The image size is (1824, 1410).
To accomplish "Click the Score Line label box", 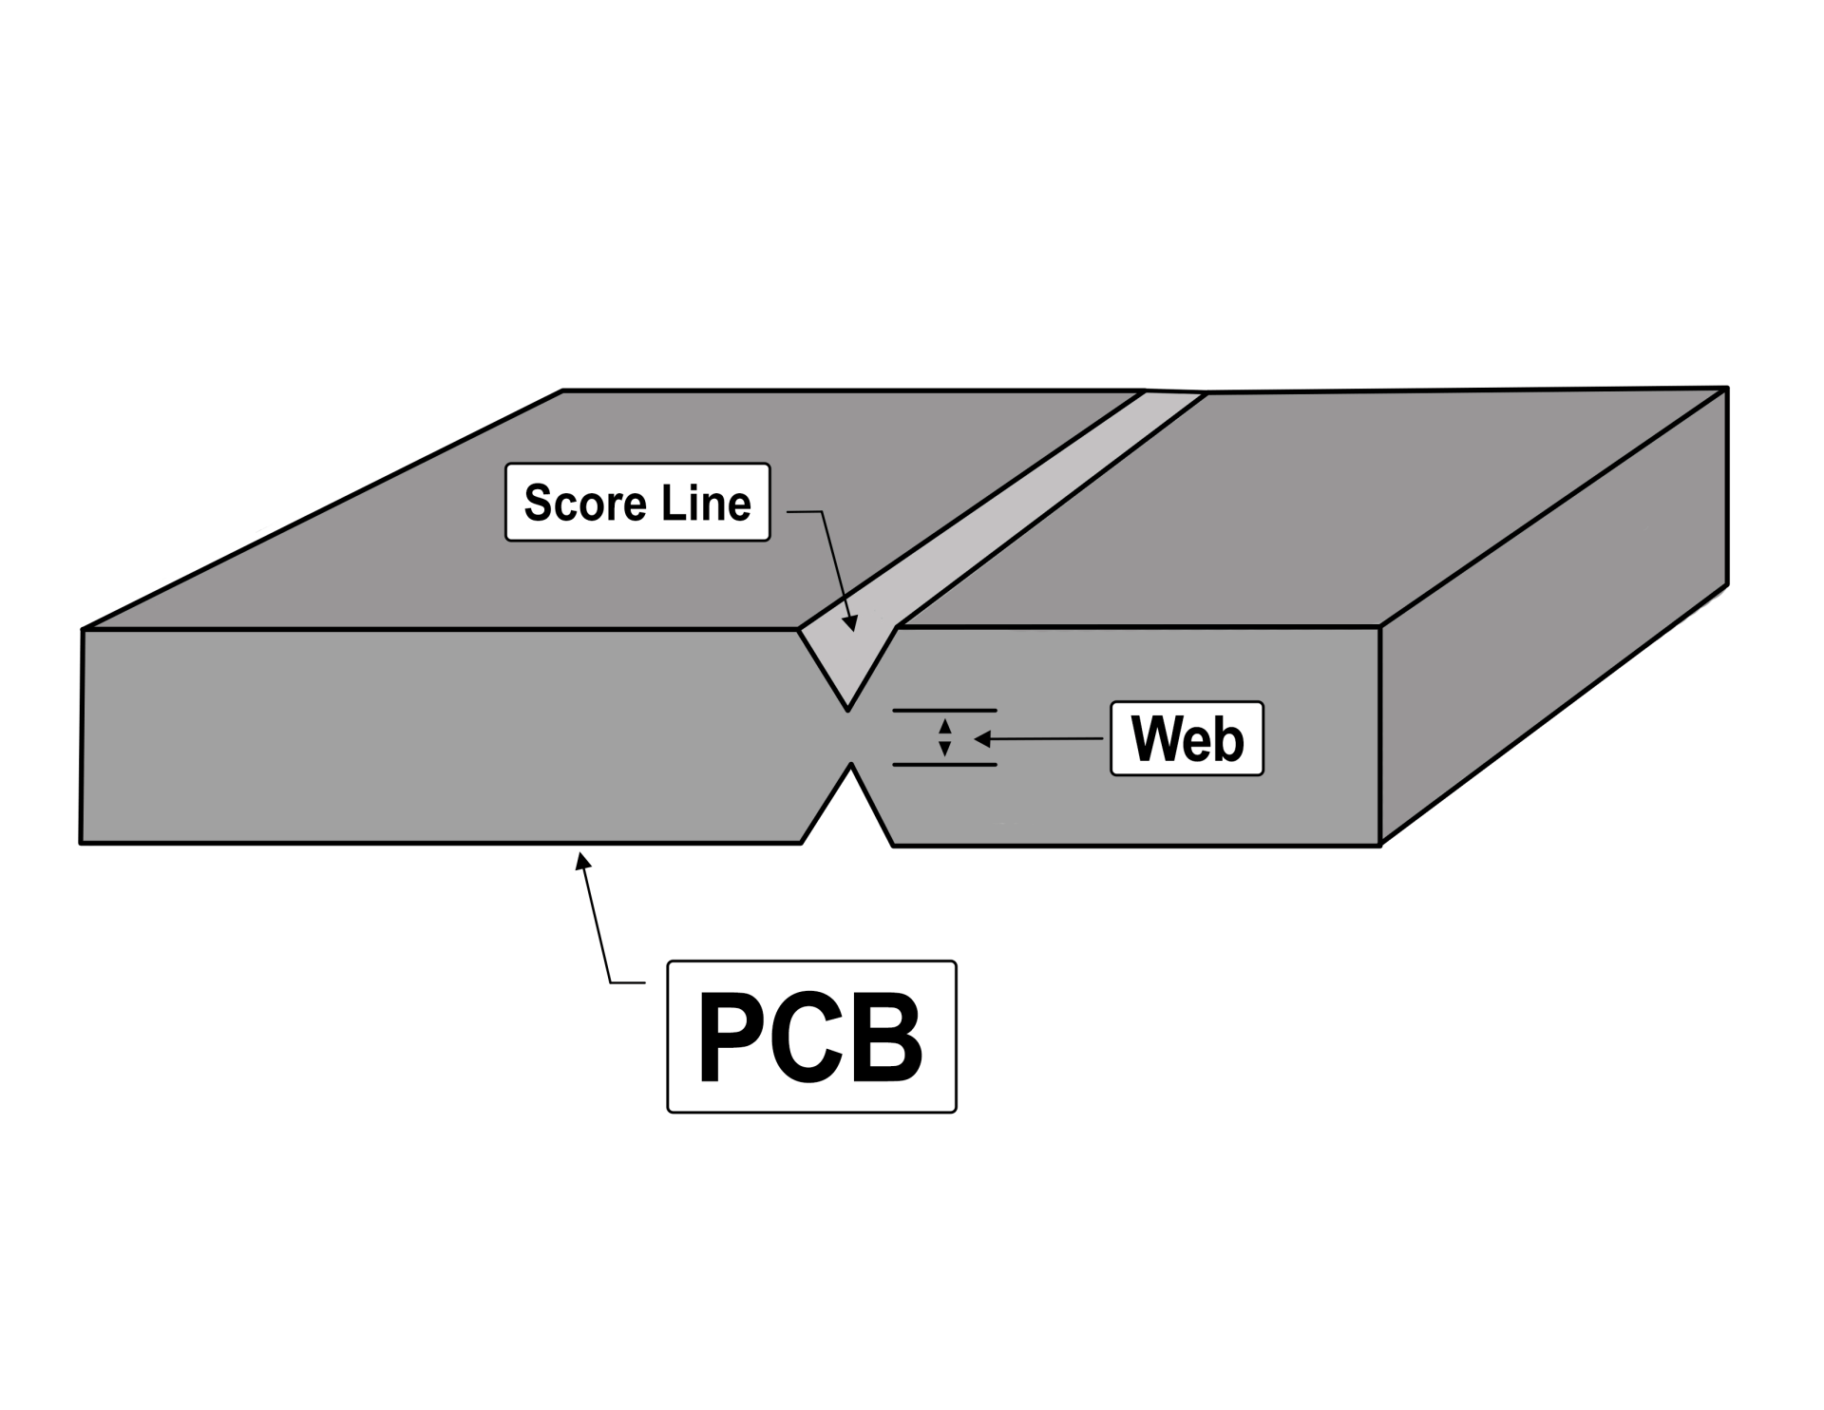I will (x=637, y=503).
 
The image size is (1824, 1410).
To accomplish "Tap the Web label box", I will (x=1187, y=738).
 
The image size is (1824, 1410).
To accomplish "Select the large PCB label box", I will (x=811, y=1037).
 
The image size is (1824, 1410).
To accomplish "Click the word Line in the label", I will (x=706, y=503).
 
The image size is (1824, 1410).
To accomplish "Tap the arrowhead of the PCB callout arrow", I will (x=582, y=860).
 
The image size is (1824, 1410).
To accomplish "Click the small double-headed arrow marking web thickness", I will (x=944, y=737).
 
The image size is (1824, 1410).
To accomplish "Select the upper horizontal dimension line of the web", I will (x=944, y=710).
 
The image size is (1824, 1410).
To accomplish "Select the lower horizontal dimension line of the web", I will (x=944, y=765).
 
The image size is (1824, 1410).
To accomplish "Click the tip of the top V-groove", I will (x=847, y=709).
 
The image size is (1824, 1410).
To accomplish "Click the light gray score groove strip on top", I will (x=1026, y=494).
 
